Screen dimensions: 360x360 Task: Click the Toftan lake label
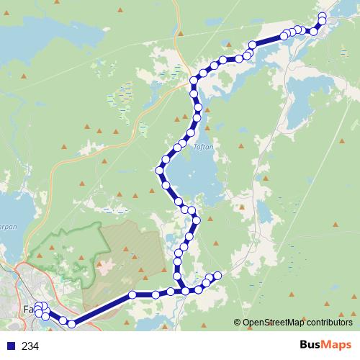202,144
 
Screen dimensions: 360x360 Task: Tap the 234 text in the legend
30,346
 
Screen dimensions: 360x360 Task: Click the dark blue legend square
10,346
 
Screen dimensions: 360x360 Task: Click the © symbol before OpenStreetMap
238,323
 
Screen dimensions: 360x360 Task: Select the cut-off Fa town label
28,310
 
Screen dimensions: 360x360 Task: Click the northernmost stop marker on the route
322,16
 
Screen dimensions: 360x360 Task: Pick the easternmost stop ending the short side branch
217,274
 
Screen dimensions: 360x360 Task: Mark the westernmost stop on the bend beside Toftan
160,171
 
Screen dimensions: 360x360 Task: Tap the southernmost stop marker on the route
71,324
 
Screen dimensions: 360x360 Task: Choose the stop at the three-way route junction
185,291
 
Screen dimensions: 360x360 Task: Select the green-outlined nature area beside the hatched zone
65,252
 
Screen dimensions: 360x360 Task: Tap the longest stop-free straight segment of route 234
102,309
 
